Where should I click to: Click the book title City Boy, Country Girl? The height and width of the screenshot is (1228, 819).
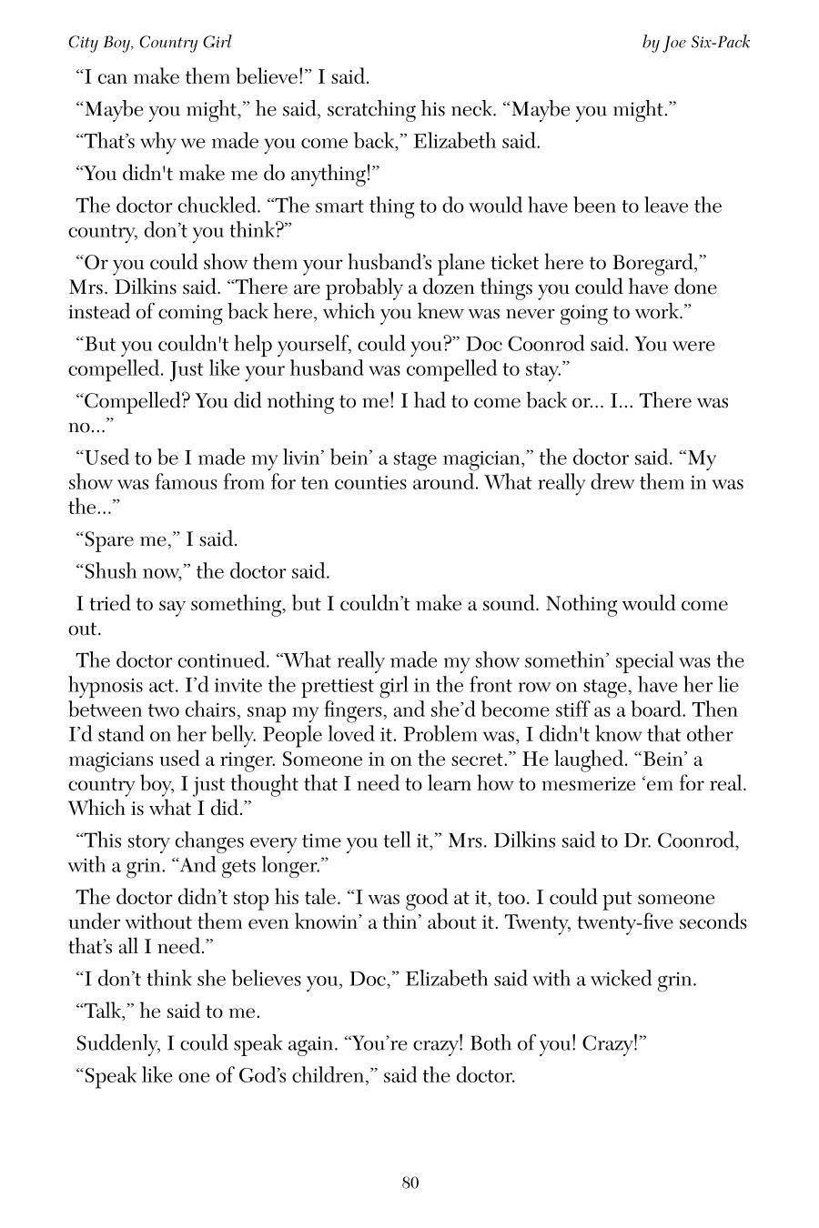point(150,42)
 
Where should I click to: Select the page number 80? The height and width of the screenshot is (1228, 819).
point(409,1183)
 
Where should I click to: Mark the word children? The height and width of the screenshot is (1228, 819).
point(323,1075)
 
